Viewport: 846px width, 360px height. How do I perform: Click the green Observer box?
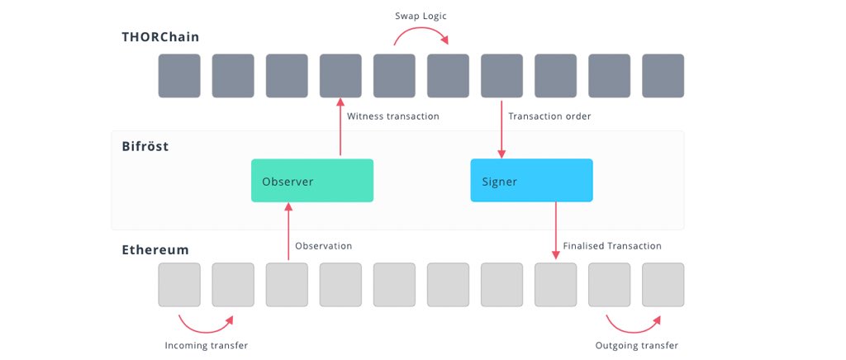click(312, 181)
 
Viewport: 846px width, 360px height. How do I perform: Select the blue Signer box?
click(531, 181)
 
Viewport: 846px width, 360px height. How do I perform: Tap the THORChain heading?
click(160, 37)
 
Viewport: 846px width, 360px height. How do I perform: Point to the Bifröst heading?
click(145, 146)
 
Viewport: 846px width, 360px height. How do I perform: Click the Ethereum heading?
click(155, 250)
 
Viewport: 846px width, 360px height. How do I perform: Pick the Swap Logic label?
click(421, 17)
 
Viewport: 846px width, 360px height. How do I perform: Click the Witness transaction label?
click(392, 116)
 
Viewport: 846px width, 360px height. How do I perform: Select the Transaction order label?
click(549, 116)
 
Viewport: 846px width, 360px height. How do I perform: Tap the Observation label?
click(323, 246)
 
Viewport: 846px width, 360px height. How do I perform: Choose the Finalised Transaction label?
click(612, 246)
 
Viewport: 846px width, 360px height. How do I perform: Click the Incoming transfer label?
click(206, 345)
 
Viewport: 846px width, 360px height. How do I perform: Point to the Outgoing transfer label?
click(637, 345)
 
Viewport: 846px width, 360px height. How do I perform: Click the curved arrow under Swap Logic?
click(421, 31)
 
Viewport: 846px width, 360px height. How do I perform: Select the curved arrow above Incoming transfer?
click(206, 329)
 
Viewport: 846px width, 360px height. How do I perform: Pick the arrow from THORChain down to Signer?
click(501, 130)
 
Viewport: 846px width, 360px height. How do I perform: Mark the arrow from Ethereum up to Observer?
click(288, 231)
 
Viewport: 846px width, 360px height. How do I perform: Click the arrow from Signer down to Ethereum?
click(556, 230)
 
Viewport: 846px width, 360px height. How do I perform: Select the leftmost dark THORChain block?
click(179, 75)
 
